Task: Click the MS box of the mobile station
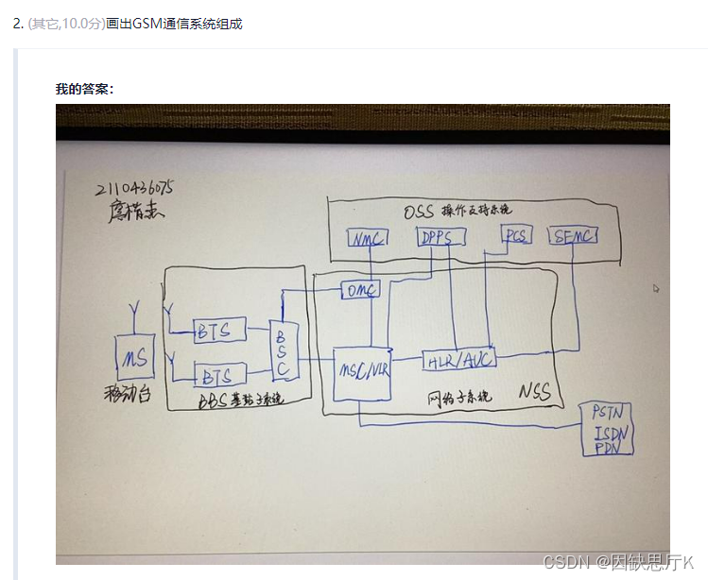(x=130, y=357)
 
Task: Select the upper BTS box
(x=219, y=331)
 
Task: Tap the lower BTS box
(x=218, y=376)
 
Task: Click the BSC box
(x=282, y=349)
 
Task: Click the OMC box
(x=360, y=290)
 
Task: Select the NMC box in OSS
(x=366, y=237)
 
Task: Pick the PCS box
(x=516, y=235)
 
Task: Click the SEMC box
(x=574, y=235)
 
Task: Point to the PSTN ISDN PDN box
(x=606, y=430)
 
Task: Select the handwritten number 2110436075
(x=133, y=188)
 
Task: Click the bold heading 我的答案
(x=85, y=89)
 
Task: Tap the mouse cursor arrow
(x=655, y=289)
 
